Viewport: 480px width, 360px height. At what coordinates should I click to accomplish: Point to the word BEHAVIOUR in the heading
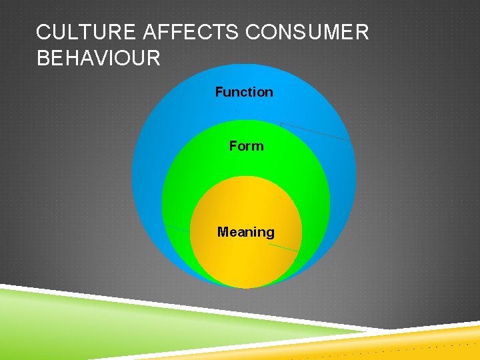click(99, 59)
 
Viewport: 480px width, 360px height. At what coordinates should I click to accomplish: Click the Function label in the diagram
click(244, 92)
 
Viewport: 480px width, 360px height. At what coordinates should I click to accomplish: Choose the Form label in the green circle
click(246, 146)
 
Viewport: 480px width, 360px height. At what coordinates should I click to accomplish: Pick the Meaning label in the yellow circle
click(246, 232)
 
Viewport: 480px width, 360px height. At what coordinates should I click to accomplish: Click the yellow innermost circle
click(246, 260)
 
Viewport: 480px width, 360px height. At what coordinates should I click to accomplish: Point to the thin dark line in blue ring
click(315, 131)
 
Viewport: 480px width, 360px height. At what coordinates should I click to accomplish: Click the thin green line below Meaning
click(283, 247)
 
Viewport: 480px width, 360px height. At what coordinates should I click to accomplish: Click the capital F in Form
click(233, 146)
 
